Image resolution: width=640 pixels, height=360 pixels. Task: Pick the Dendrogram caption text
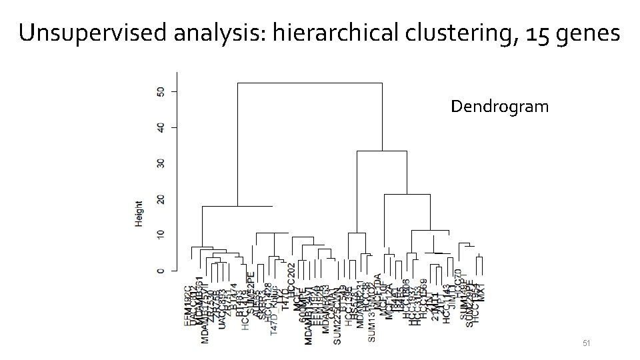coord(499,106)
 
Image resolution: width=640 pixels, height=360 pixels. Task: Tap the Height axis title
coord(139,213)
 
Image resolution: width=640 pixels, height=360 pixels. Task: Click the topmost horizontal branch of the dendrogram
coord(309,83)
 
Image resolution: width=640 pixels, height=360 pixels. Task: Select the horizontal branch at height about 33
coord(381,151)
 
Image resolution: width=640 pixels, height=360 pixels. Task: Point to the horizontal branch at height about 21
coord(407,194)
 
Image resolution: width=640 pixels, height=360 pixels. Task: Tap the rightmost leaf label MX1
coord(482,293)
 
